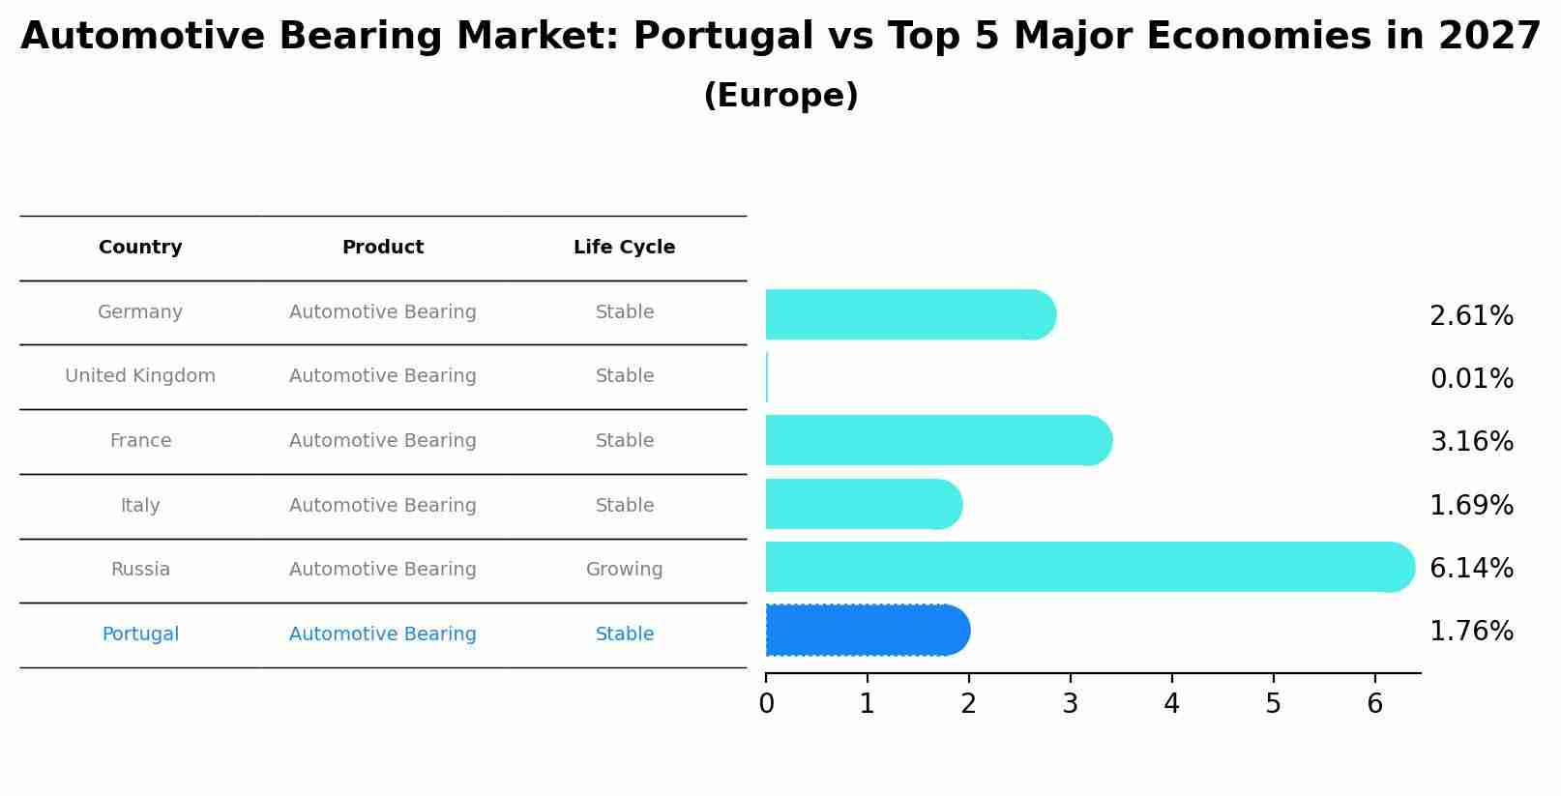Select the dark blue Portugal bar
click(867, 631)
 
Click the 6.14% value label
click(1471, 568)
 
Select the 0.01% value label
click(1471, 379)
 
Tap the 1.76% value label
click(1471, 632)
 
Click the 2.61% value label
click(1471, 316)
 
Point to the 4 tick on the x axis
click(1171, 703)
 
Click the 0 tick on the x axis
click(766, 703)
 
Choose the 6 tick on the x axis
click(1374, 703)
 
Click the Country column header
click(140, 248)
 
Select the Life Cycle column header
click(624, 248)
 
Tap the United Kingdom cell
click(140, 376)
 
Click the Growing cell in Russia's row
click(624, 570)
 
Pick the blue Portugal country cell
click(140, 634)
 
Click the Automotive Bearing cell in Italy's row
click(382, 506)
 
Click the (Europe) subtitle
click(780, 96)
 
